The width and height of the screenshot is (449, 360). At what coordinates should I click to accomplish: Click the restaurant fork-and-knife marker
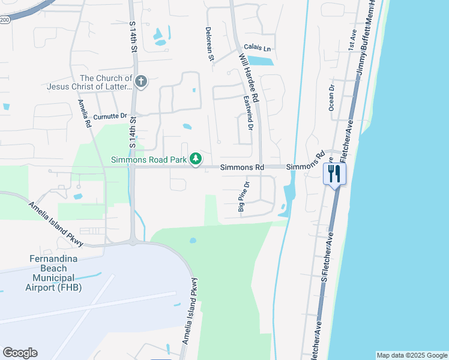334,174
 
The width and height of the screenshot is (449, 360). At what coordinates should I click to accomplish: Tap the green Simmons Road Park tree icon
195,159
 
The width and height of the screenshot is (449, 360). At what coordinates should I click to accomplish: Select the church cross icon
141,81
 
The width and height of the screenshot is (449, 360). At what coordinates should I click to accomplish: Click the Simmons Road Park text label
149,160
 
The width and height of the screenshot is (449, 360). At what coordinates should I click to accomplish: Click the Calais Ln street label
258,48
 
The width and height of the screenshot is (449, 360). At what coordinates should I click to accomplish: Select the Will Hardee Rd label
248,76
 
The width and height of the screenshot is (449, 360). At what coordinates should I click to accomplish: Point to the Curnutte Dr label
110,116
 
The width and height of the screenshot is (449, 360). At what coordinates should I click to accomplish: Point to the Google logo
20,353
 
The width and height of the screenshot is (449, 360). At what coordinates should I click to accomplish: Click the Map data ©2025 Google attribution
412,355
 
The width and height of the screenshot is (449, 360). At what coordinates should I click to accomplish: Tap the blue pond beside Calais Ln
260,60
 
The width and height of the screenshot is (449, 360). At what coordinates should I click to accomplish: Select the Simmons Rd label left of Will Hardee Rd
242,167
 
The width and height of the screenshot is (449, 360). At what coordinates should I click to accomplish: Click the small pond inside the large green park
193,241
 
